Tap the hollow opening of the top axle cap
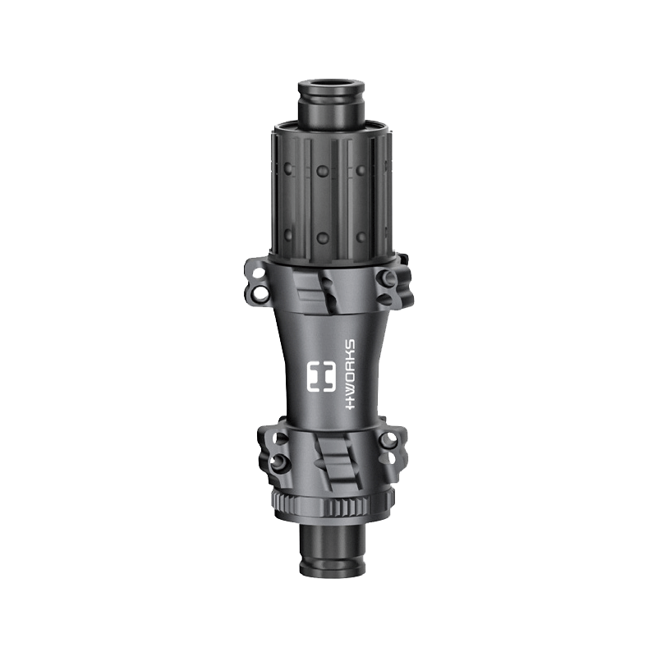(x=331, y=85)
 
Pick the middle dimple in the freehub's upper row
(x=322, y=170)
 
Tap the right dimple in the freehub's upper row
(x=361, y=169)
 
